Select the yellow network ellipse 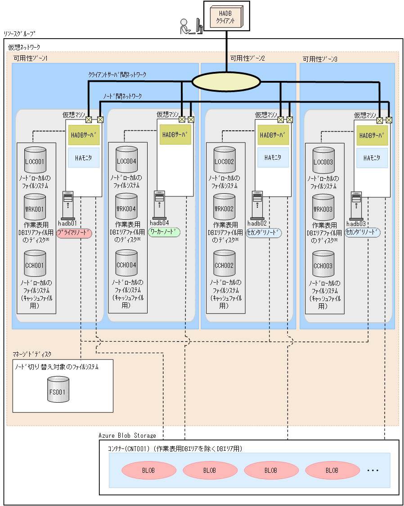point(226,81)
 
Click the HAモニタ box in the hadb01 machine point(84,158)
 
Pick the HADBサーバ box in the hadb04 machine point(174,134)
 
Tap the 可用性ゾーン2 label point(247,58)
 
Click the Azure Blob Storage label point(127,435)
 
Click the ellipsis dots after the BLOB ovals point(373,470)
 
